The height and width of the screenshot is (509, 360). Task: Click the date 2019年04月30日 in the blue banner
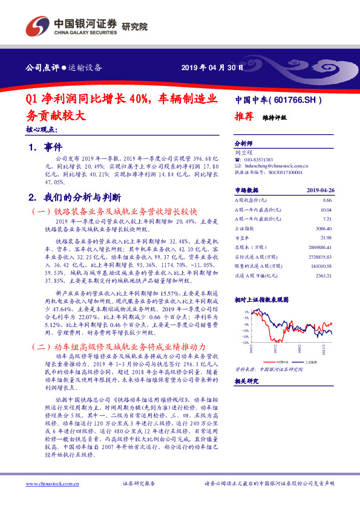pos(212,66)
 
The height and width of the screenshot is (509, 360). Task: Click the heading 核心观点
pos(42,129)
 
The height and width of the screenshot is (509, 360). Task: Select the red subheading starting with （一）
pos(114,212)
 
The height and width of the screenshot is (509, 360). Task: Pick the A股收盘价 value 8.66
pos(327,199)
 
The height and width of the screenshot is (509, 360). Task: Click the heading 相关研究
pos(246,381)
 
